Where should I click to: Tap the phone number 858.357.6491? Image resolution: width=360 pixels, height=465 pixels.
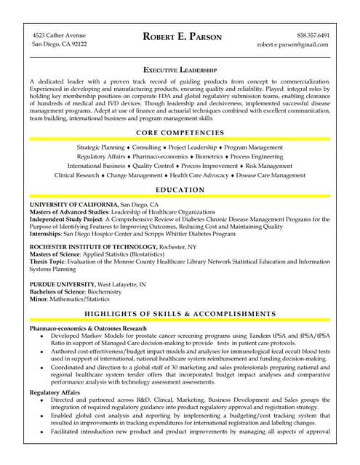(313, 35)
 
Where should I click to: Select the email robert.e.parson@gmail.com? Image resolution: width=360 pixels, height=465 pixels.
(293, 44)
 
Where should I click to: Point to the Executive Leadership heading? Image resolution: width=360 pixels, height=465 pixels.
(180, 68)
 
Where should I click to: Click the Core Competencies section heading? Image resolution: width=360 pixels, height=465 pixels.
(180, 132)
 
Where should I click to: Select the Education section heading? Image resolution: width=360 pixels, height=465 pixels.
(180, 190)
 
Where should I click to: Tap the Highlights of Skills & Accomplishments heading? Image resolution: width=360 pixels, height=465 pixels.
(180, 314)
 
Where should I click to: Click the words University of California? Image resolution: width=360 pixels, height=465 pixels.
(73, 205)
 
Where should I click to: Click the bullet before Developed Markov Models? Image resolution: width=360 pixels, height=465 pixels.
(42, 337)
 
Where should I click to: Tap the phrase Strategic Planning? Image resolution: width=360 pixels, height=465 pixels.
(100, 147)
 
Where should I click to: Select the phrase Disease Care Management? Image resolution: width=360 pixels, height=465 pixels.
(271, 175)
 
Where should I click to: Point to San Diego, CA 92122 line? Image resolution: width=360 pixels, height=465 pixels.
(60, 44)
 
